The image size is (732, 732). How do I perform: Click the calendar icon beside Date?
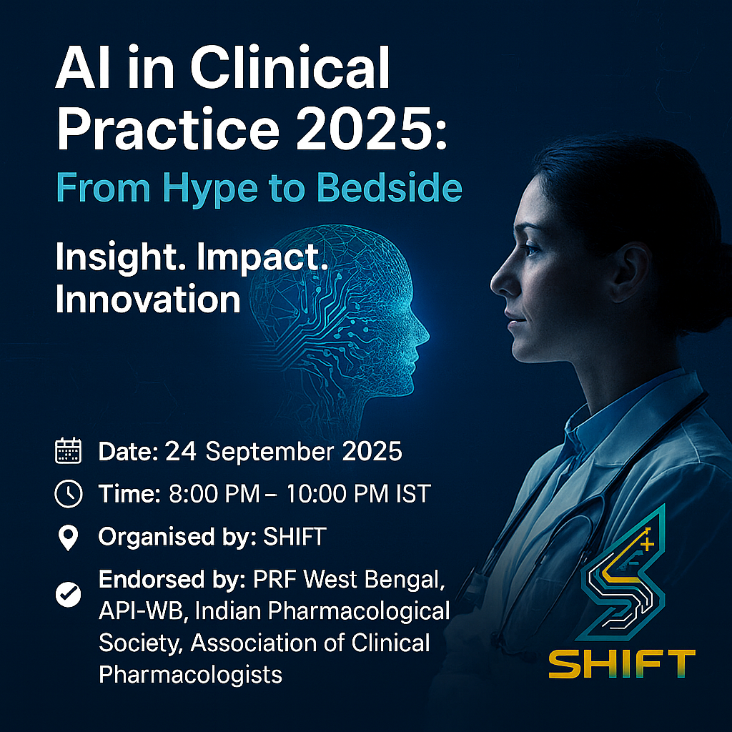click(x=68, y=451)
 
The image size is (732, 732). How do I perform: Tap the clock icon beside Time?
click(x=68, y=493)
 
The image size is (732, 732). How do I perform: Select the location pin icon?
click(x=68, y=538)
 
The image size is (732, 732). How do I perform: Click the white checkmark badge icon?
click(x=68, y=594)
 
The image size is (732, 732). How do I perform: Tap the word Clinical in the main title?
click(x=290, y=67)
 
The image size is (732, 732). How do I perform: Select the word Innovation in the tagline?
click(x=148, y=299)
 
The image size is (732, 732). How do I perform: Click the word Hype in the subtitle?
click(x=209, y=189)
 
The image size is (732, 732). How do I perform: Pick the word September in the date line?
click(x=269, y=452)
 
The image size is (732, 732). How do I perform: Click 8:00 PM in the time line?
click(x=214, y=494)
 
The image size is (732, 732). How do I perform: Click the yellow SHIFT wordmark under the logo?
click(x=622, y=664)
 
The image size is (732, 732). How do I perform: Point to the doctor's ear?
click(x=630, y=271)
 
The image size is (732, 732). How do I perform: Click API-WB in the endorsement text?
click(x=141, y=611)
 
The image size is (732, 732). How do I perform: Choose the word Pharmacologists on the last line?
click(x=190, y=675)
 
